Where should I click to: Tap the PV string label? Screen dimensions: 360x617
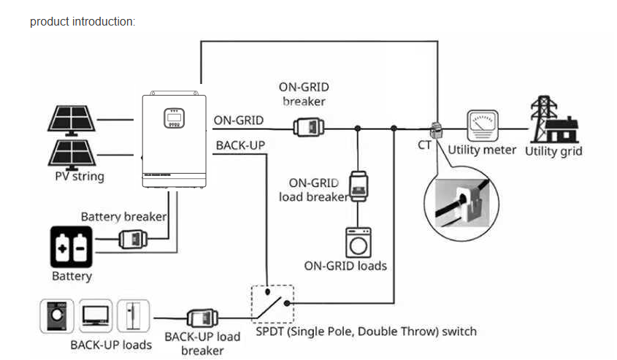click(x=80, y=177)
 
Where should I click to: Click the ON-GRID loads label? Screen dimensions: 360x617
click(x=345, y=265)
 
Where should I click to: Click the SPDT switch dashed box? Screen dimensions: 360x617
click(x=272, y=303)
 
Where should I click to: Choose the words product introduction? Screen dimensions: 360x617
click(x=83, y=21)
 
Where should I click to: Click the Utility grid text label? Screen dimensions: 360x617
click(x=553, y=151)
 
